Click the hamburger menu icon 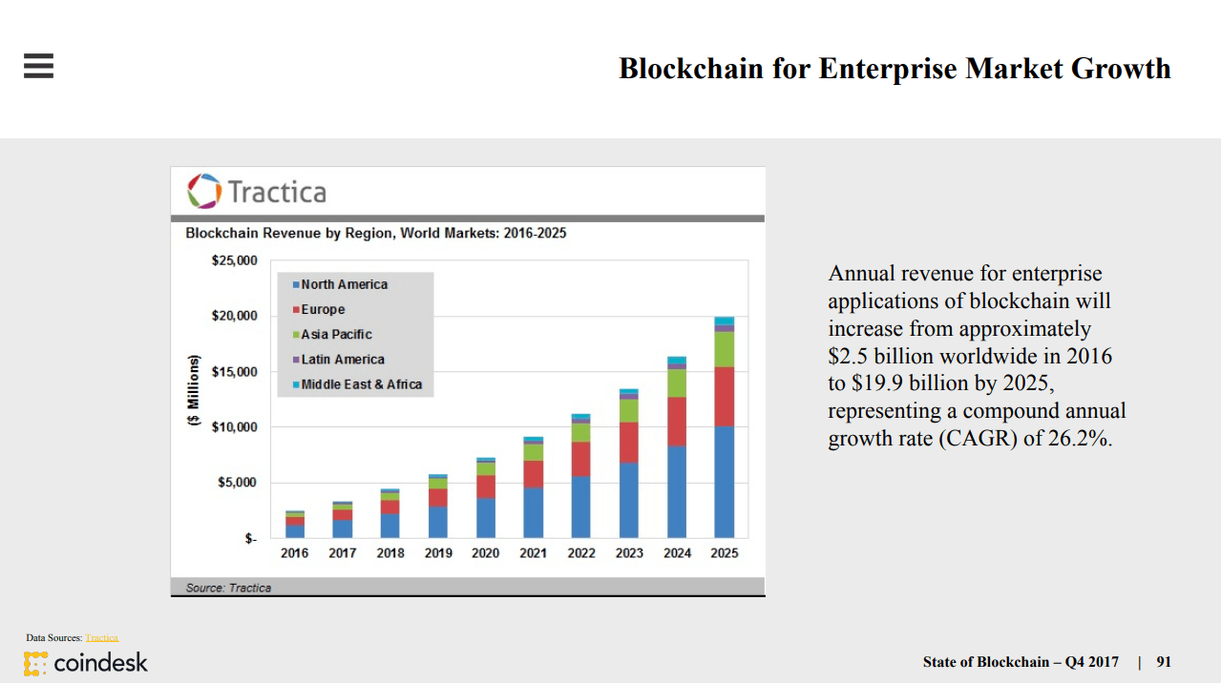(x=38, y=65)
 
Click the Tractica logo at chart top (x=257, y=191)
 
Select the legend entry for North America (x=343, y=284)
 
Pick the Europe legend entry (x=322, y=309)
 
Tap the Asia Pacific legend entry (x=335, y=335)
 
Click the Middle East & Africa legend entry (x=360, y=384)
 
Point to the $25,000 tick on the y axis (x=233, y=260)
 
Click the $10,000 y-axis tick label (x=233, y=426)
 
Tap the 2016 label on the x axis (x=294, y=553)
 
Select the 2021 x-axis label (x=534, y=553)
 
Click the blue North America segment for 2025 (x=725, y=482)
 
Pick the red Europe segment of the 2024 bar (x=677, y=422)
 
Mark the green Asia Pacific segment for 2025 (x=725, y=349)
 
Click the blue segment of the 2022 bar (x=581, y=507)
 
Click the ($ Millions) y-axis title (x=194, y=390)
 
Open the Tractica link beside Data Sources (x=102, y=637)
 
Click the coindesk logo (x=86, y=662)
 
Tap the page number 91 (x=1163, y=662)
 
